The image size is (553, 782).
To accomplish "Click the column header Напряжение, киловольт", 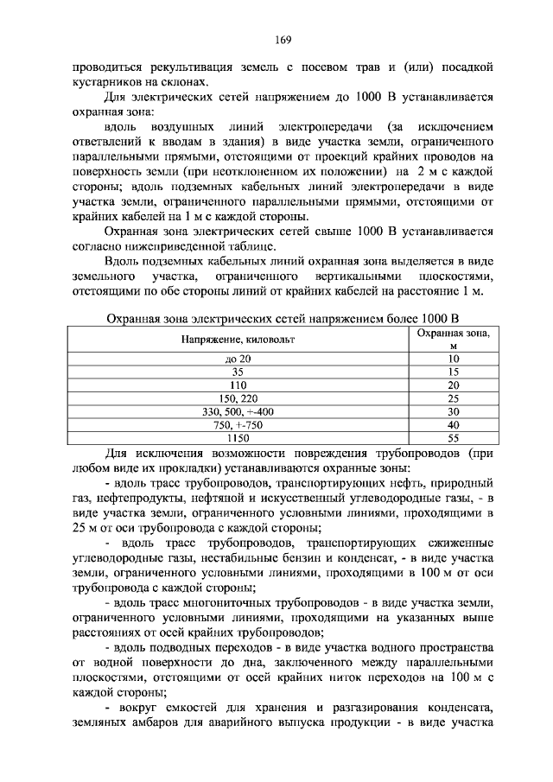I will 237,340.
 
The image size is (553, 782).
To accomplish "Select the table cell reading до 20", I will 237,358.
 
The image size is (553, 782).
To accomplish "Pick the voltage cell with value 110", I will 237,385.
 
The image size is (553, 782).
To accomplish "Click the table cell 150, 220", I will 237,398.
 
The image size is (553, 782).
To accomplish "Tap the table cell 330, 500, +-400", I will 237,411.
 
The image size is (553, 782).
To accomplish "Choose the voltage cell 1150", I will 237,438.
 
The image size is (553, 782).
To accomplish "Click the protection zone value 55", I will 453,438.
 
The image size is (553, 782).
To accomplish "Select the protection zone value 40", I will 453,425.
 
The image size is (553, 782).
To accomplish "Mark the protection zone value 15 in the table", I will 453,372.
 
